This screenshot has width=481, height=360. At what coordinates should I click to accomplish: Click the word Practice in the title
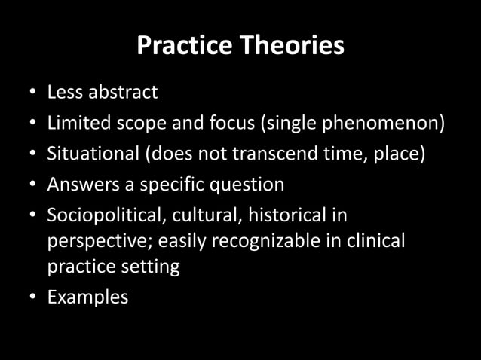[x=183, y=46]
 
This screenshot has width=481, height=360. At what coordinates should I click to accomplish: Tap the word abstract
[x=122, y=92]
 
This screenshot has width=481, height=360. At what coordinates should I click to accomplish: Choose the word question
[x=244, y=185]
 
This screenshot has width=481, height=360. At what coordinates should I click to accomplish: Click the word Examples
[x=87, y=297]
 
